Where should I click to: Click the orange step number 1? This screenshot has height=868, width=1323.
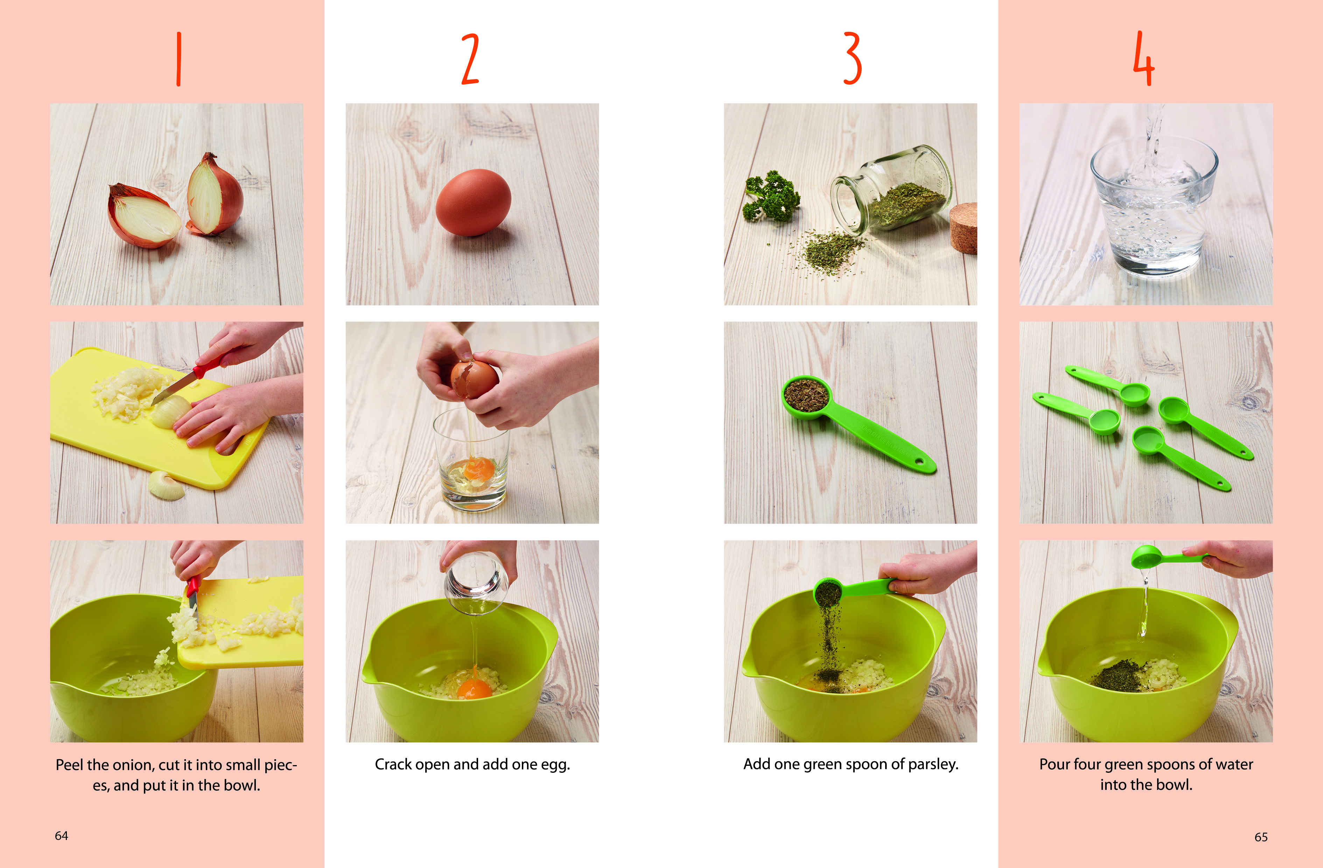pyautogui.click(x=178, y=59)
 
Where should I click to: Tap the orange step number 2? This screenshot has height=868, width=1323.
pyautogui.click(x=470, y=59)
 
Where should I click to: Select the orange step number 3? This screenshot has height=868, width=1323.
pyautogui.click(x=852, y=58)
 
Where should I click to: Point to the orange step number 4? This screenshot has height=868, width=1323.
pyautogui.click(x=1144, y=58)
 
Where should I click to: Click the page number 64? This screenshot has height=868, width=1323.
pyautogui.click(x=61, y=836)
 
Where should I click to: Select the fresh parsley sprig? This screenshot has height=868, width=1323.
pyautogui.click(x=771, y=196)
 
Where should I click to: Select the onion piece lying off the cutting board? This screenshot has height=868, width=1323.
pyautogui.click(x=166, y=485)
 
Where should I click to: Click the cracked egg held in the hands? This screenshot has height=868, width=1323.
pyautogui.click(x=474, y=379)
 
